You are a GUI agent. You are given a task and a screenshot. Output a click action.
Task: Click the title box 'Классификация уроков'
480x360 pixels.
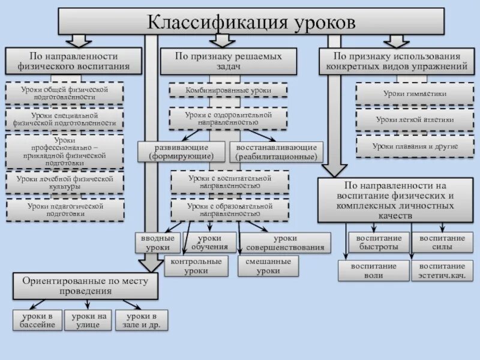[x=251, y=22]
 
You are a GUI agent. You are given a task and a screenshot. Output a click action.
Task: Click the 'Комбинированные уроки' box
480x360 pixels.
[x=228, y=91]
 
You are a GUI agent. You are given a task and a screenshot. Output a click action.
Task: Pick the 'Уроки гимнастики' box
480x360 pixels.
[x=415, y=94]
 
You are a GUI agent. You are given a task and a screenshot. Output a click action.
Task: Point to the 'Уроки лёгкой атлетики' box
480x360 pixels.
[x=415, y=120]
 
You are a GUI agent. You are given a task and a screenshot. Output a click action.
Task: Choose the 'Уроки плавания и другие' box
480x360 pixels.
[x=415, y=146]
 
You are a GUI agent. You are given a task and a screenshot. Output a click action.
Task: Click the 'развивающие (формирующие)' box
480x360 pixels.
[x=182, y=152]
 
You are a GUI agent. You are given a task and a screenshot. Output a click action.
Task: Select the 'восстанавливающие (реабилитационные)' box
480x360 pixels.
[x=276, y=152]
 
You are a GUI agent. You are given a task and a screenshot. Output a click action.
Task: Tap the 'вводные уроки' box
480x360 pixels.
[x=158, y=242]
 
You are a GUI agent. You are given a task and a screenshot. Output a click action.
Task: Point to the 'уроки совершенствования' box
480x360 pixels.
[x=286, y=242]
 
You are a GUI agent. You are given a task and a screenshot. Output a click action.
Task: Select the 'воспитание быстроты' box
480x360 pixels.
[x=379, y=242]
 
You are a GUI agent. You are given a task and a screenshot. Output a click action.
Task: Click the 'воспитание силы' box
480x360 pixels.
[x=442, y=242]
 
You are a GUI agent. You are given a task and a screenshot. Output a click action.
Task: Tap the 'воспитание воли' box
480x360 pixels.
[x=374, y=271]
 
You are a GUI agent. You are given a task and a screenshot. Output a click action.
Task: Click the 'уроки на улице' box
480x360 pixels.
[x=88, y=320]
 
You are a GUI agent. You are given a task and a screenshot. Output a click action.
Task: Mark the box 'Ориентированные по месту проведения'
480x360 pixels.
[x=85, y=286]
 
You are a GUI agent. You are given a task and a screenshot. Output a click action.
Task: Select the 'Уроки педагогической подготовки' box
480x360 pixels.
[x=65, y=209]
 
